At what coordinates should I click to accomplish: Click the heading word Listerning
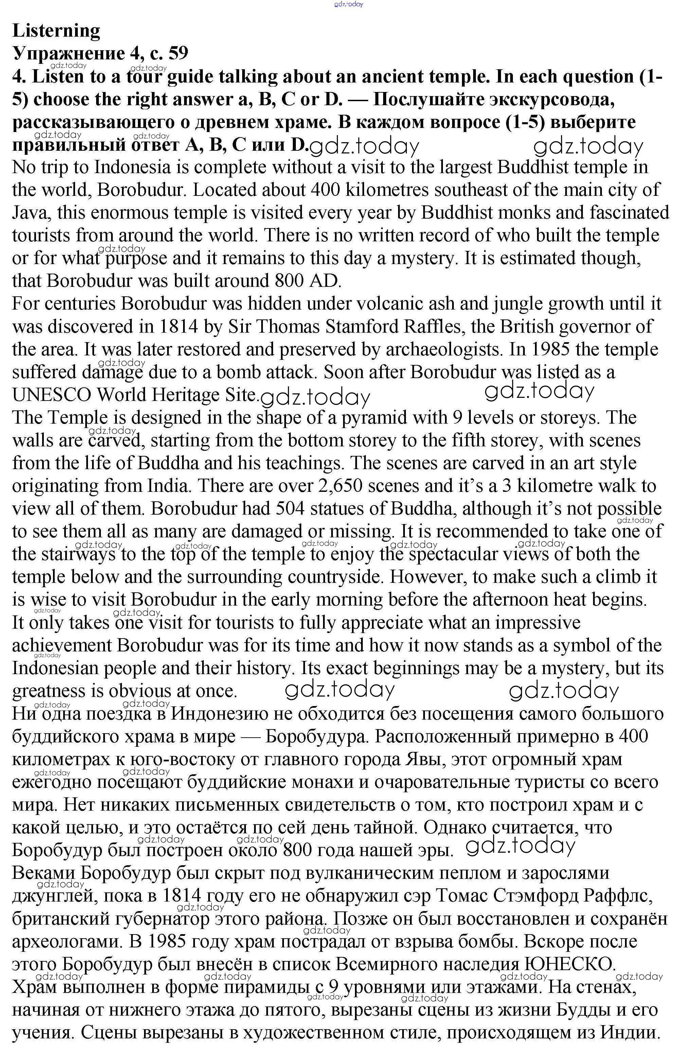pyautogui.click(x=56, y=31)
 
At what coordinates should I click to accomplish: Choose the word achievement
pyautogui.click(x=62, y=645)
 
